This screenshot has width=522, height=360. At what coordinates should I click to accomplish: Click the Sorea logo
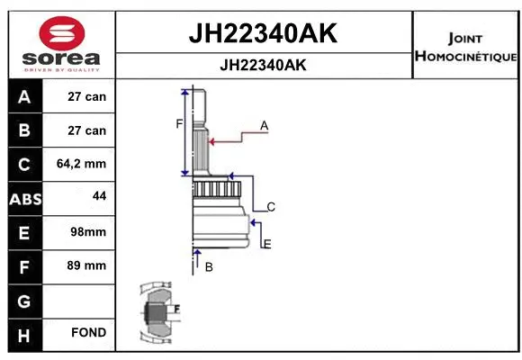coord(61,42)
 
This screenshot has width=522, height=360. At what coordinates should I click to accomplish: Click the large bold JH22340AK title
coord(262,33)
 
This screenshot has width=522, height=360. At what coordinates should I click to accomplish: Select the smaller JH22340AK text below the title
coord(262,66)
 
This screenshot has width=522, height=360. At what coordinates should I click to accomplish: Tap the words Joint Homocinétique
coord(465,48)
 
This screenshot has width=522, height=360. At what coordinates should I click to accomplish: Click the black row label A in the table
coord(24,96)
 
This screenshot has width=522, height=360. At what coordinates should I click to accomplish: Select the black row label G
coord(24,300)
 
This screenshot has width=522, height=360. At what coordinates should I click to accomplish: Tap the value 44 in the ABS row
coord(100,196)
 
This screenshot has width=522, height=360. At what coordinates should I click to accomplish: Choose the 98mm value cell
coord(87,231)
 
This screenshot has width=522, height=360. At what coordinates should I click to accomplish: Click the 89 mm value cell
coord(87,265)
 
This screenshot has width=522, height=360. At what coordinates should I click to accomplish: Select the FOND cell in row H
coord(89,333)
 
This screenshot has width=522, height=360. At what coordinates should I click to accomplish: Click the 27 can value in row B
coord(87,130)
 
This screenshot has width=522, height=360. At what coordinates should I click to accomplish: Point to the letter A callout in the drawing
coord(265,126)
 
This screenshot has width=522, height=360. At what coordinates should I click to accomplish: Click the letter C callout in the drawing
coord(270,207)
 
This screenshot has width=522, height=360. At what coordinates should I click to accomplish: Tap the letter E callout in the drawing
coord(267,244)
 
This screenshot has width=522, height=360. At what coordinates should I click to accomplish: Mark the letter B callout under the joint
coord(208,267)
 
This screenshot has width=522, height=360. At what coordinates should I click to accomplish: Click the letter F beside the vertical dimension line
coord(178,124)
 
